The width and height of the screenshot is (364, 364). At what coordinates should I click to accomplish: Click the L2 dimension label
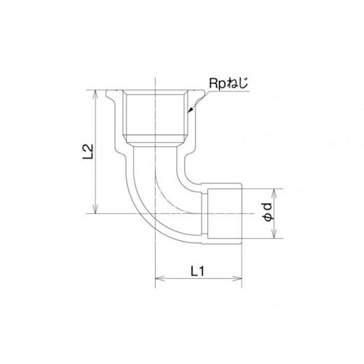click(87, 152)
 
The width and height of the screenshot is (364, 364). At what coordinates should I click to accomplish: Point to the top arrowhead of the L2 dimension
click(94, 93)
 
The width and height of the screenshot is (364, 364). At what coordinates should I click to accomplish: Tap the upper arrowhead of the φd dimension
click(273, 191)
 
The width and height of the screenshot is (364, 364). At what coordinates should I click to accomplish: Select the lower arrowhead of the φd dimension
click(273, 236)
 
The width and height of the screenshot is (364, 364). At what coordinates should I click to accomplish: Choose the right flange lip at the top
click(199, 94)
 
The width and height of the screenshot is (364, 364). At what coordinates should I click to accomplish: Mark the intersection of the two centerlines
click(155, 214)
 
